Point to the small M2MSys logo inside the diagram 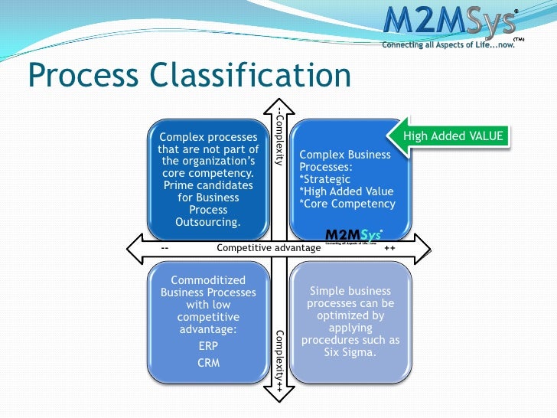click(x=353, y=235)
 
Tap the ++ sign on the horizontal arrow click(x=389, y=248)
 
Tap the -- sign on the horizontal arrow click(x=165, y=248)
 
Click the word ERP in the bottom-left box click(x=208, y=345)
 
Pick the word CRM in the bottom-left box click(x=208, y=362)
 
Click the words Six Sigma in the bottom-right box click(x=350, y=352)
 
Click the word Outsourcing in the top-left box click(x=208, y=222)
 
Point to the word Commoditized click(x=208, y=280)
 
